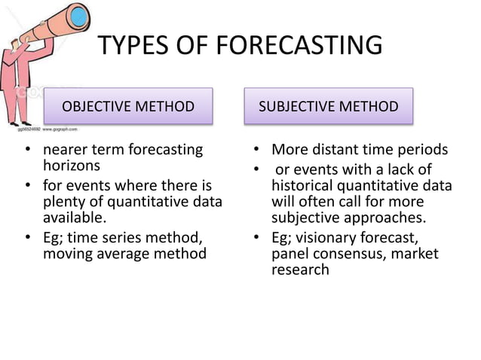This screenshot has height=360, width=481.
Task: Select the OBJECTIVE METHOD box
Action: (127, 105)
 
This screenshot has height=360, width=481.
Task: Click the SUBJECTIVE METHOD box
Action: (328, 105)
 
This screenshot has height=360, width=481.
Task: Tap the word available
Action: (74, 218)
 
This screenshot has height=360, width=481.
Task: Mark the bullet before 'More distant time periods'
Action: (256, 150)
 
